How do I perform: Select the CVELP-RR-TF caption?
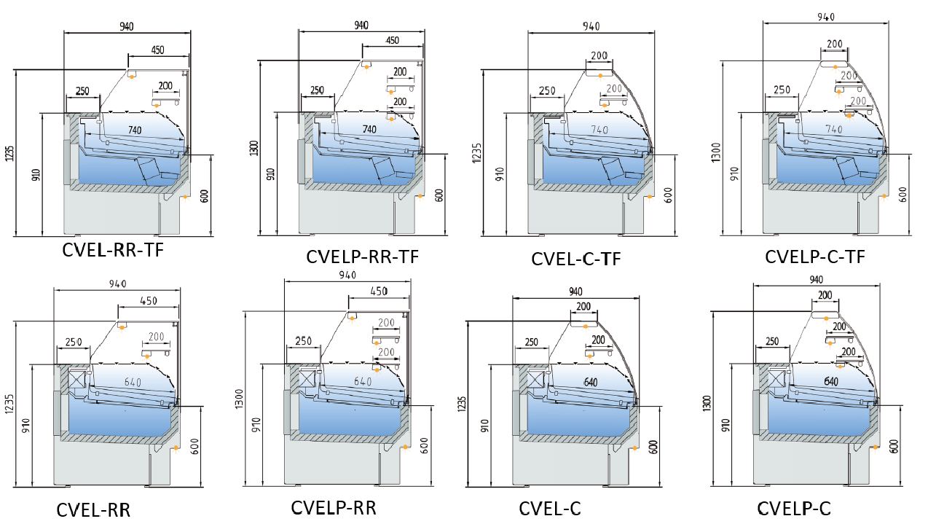(362, 257)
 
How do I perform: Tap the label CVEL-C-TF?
(576, 259)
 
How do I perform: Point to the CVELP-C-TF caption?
(814, 257)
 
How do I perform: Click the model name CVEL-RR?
(93, 509)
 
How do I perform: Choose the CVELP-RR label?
(334, 507)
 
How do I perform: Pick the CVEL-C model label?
(550, 509)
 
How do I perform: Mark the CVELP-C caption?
(793, 508)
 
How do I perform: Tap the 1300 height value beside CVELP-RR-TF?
(253, 149)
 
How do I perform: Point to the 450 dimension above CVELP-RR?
(379, 291)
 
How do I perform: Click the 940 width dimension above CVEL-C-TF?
(591, 26)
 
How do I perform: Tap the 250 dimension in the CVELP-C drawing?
(772, 341)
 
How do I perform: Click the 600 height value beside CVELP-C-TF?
(904, 195)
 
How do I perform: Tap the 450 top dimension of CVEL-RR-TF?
(158, 50)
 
